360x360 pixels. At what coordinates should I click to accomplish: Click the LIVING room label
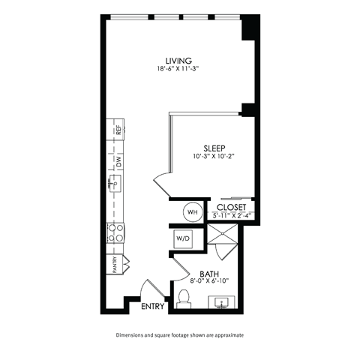click(179, 60)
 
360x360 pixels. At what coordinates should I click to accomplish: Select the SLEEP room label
click(214, 148)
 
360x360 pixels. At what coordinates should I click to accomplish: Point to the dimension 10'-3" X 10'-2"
click(213, 157)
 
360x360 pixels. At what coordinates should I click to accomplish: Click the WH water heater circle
click(191, 211)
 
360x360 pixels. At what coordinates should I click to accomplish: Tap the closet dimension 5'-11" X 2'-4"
click(232, 216)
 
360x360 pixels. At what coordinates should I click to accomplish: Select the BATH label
click(209, 274)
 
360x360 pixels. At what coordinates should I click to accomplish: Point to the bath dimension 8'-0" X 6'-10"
click(210, 282)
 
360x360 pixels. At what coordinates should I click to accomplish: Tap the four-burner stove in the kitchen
click(116, 232)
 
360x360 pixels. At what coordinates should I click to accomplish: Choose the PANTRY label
click(115, 265)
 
